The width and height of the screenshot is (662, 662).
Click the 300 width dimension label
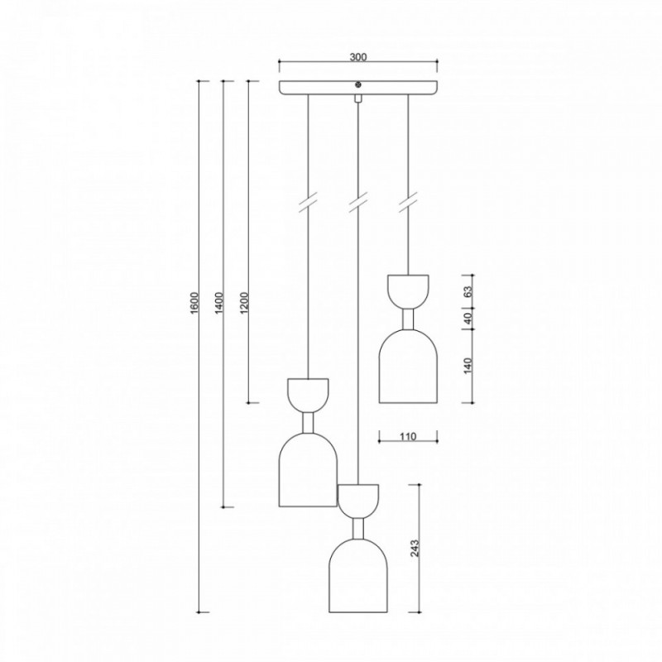(358, 56)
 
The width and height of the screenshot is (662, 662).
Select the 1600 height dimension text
(194, 302)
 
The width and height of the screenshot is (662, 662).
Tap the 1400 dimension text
(219, 302)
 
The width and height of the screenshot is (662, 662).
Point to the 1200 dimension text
(244, 302)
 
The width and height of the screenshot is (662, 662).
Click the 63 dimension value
(468, 292)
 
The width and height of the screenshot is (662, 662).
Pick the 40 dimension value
(468, 319)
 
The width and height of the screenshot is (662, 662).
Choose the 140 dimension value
(468, 366)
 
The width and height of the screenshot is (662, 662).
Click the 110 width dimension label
(408, 437)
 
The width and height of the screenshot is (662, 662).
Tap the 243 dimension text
(415, 548)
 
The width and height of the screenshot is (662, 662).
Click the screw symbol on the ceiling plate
(358, 85)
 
